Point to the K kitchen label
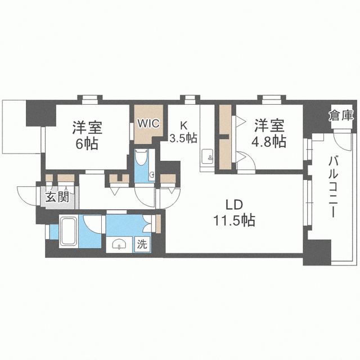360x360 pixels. click(x=183, y=124)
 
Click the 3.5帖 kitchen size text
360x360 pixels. click(x=184, y=137)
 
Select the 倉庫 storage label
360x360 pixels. click(x=341, y=115)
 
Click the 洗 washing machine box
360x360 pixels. click(x=143, y=244)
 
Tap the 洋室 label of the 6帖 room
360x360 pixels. click(x=87, y=127)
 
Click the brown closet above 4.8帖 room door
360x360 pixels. click(x=224, y=119)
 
